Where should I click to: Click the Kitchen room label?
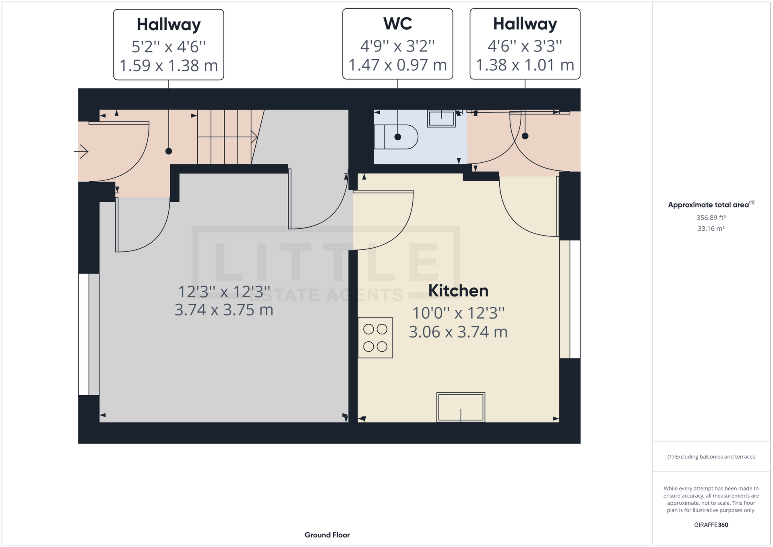[x=458, y=291]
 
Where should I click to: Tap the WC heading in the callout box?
[x=397, y=24]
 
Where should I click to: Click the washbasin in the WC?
[x=441, y=118]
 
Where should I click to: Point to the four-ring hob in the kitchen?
[x=375, y=338]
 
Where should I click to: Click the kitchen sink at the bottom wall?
[x=461, y=407]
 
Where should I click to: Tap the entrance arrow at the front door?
[x=81, y=151]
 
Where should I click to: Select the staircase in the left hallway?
[x=225, y=137]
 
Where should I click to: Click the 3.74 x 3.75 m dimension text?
[x=224, y=310]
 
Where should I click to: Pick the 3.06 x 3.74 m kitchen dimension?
[x=458, y=332]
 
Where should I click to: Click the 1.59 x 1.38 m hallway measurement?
[x=168, y=65]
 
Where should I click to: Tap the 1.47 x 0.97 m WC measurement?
[x=397, y=65]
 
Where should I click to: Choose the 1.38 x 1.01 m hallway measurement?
[x=525, y=65]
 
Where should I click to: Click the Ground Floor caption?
[x=327, y=535]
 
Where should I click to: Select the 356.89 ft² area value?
[x=711, y=218]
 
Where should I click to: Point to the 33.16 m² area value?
[x=711, y=228]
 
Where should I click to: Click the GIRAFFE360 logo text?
[x=711, y=525]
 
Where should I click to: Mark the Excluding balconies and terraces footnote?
[x=711, y=457]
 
